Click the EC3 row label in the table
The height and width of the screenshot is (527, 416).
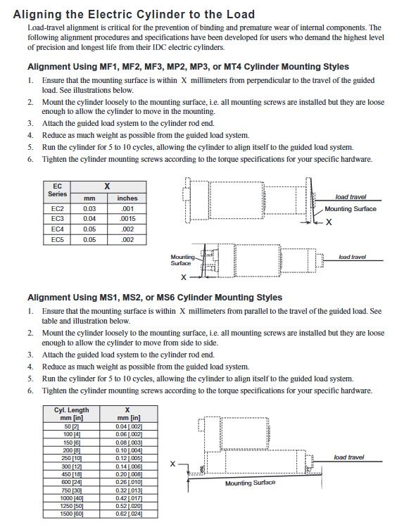(57, 219)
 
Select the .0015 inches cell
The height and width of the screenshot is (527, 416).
(127, 219)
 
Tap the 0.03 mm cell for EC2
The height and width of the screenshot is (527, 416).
(89, 209)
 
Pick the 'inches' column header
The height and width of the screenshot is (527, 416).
(127, 198)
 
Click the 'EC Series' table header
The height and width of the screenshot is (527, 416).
(57, 190)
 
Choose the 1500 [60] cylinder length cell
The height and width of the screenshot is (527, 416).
(72, 514)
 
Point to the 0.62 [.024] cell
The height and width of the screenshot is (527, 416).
(129, 514)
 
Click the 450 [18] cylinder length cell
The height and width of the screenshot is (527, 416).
(72, 474)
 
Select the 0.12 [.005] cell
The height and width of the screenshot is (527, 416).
(129, 459)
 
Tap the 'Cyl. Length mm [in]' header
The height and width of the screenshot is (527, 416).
(72, 414)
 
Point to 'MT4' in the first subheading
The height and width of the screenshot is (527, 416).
(232, 67)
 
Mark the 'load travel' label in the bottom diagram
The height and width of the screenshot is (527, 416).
(348, 457)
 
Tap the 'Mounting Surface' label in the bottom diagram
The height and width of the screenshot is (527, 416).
(250, 483)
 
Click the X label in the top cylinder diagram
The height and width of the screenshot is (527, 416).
(329, 222)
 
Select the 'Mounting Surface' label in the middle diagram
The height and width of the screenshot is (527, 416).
(182, 260)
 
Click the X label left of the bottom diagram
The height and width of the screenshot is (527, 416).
(173, 464)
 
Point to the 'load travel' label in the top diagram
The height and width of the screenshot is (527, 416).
(351, 197)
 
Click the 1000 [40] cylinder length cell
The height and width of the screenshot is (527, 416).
(72, 498)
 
